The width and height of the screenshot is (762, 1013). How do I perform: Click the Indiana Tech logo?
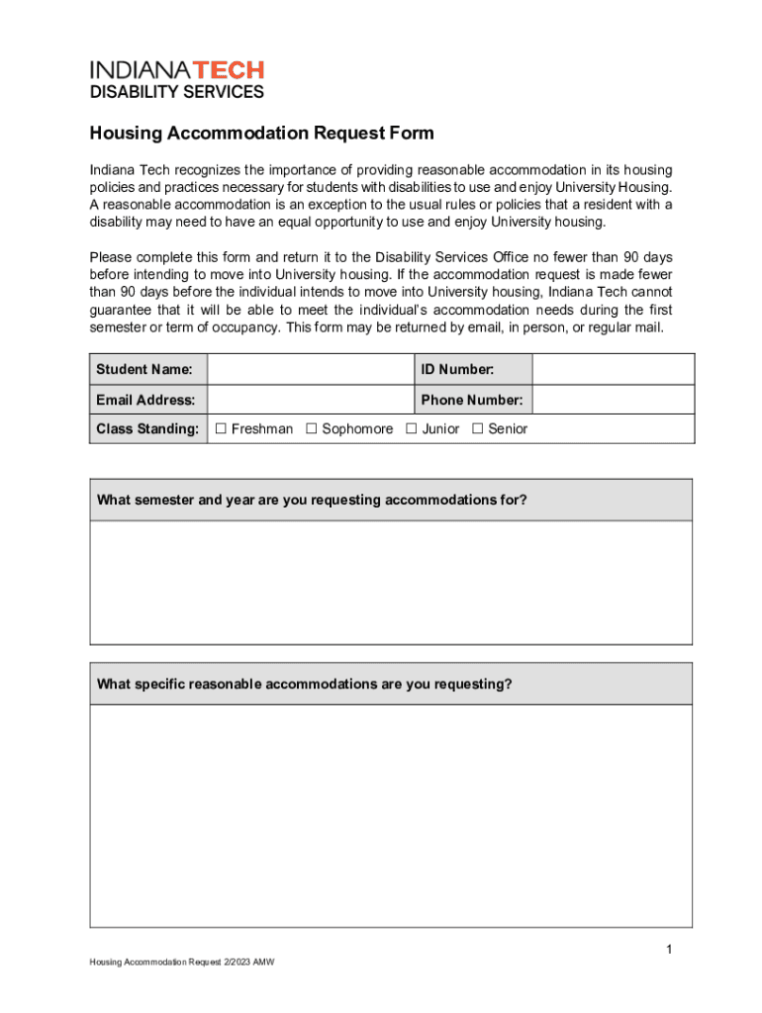click(x=177, y=70)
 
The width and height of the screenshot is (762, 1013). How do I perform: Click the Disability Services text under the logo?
click(x=177, y=93)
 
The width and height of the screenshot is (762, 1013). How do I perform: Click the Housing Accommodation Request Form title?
click(x=262, y=134)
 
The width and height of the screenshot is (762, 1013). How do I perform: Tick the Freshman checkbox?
click(x=222, y=429)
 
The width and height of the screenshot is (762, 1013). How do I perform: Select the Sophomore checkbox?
click(x=312, y=429)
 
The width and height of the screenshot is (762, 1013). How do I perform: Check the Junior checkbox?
click(x=412, y=429)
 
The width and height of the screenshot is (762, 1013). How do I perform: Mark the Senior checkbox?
click(x=478, y=429)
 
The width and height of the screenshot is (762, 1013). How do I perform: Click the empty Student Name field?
click(x=310, y=370)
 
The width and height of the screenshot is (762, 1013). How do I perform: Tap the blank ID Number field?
click(x=613, y=370)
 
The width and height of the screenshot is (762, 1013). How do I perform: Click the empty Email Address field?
click(x=310, y=401)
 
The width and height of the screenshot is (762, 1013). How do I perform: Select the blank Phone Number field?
click(x=613, y=401)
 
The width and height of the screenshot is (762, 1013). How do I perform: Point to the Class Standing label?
click(x=147, y=429)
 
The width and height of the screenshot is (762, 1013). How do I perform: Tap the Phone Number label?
click(x=471, y=401)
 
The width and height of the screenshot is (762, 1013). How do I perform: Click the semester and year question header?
click(x=312, y=501)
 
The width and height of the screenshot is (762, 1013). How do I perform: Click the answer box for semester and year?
click(x=391, y=583)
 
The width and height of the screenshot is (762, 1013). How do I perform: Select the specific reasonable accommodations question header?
click(x=305, y=685)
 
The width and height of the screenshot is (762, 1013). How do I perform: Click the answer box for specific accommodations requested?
click(x=391, y=816)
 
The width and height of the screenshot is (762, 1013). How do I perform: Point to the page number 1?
click(x=669, y=951)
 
